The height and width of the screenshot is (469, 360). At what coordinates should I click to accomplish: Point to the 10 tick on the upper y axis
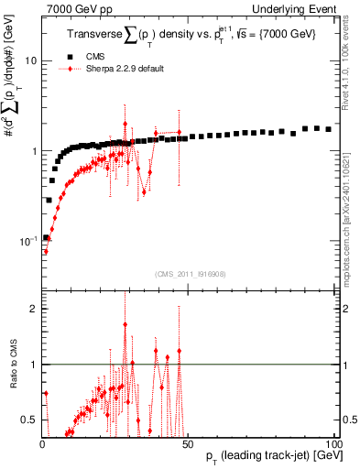click(31, 61)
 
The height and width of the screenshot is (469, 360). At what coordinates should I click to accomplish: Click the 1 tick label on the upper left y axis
click(34, 151)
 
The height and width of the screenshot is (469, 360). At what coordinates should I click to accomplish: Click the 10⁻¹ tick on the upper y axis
click(28, 241)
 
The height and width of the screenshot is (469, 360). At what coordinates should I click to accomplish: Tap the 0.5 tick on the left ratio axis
click(30, 420)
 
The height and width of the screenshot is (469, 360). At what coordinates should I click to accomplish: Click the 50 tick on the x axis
click(189, 443)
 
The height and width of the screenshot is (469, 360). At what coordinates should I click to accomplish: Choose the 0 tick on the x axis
click(43, 443)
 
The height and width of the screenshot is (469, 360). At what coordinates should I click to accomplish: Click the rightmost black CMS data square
click(329, 129)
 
